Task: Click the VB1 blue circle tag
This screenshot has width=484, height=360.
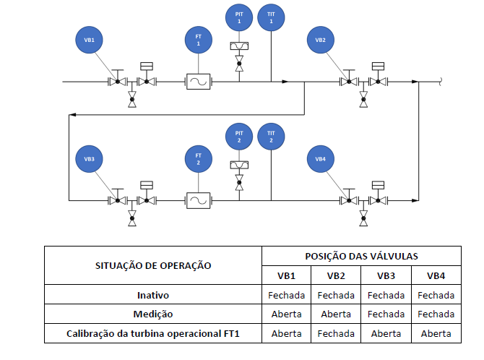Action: coord(89,40)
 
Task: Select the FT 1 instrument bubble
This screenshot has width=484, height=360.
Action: coord(198,40)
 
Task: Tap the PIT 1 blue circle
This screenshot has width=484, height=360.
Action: coord(239,17)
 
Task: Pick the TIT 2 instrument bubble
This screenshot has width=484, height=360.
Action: coord(271,137)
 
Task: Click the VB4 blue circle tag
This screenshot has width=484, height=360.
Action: coord(321,159)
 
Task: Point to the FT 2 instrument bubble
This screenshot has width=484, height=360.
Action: coord(198,159)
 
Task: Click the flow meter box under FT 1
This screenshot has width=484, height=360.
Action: coord(198,82)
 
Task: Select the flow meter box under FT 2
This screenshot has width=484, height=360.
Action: coord(198,200)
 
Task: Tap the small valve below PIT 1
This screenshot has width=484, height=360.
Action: coord(239,64)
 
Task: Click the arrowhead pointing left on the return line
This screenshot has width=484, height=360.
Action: coord(72,115)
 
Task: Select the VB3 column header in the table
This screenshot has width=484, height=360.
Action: coord(386,275)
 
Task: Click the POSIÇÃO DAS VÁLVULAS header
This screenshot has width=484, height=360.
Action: coord(361,256)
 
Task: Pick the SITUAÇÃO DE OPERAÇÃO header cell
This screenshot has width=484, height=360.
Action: coord(153,265)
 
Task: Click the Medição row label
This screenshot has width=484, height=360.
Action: coord(153,314)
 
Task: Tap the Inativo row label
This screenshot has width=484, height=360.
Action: coord(153,295)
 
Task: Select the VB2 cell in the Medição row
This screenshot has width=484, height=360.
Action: coord(336,314)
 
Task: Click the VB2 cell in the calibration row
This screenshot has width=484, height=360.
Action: coord(336,333)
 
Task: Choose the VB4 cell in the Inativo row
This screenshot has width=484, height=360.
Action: coord(436,295)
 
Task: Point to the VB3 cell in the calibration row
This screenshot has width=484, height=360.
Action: coord(386,333)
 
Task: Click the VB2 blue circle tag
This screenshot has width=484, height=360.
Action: coord(321,40)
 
